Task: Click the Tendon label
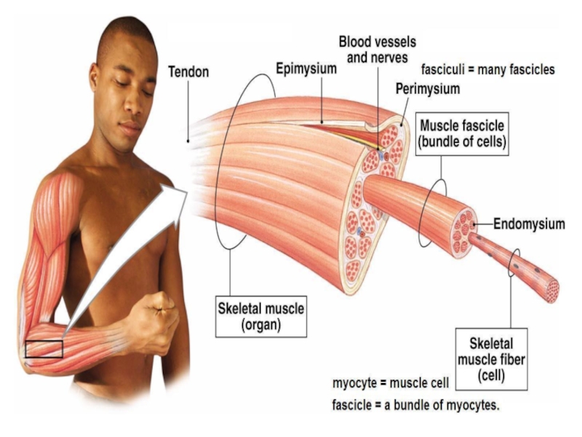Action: pyautogui.click(x=188, y=72)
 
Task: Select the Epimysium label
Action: pyautogui.click(x=306, y=69)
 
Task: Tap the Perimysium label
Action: pyautogui.click(x=428, y=89)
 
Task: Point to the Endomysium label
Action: pyautogui.click(x=529, y=224)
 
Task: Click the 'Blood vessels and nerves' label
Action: pyautogui.click(x=378, y=50)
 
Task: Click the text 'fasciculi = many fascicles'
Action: pyautogui.click(x=488, y=70)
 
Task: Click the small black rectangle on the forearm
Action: pyautogui.click(x=44, y=349)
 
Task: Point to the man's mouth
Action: pyautogui.click(x=131, y=128)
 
